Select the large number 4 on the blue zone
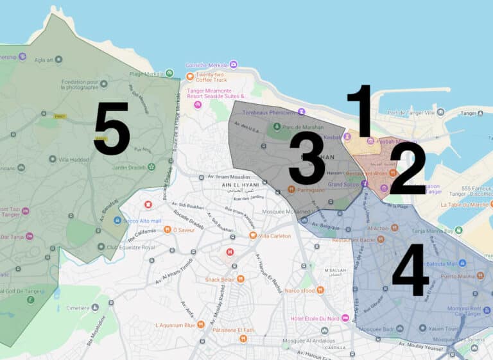410,273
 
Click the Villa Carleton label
274,236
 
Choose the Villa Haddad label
75,159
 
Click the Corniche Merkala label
207,65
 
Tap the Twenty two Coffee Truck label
211,77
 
